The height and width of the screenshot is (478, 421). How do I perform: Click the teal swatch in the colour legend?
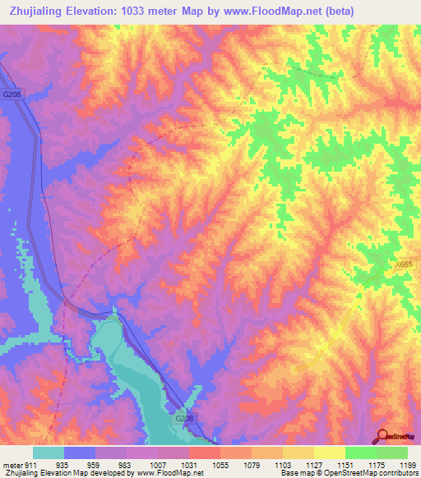click(49, 453)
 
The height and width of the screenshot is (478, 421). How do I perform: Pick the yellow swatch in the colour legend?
click(329, 453)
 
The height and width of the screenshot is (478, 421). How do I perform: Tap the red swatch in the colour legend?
click(204, 453)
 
